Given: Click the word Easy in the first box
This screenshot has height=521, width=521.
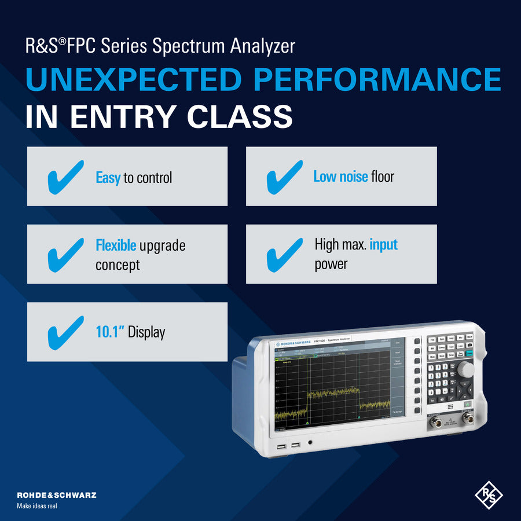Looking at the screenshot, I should pyautogui.click(x=108, y=178).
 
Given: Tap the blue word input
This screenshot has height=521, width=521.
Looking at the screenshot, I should pyautogui.click(x=384, y=244).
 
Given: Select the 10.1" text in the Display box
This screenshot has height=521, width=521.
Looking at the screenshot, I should pyautogui.click(x=109, y=332).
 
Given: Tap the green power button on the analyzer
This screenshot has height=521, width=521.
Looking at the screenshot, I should pyautogui.click(x=467, y=405).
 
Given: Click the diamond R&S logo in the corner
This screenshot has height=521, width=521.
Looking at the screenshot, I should pyautogui.click(x=489, y=496).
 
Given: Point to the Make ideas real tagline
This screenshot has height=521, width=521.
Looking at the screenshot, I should pyautogui.click(x=37, y=505).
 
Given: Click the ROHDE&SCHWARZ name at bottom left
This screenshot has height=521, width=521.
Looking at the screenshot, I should pyautogui.click(x=56, y=495).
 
